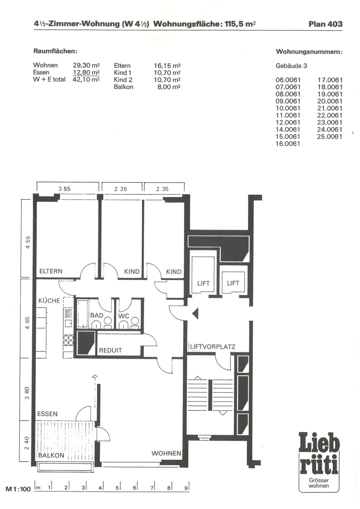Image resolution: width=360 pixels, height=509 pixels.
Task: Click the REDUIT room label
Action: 110,350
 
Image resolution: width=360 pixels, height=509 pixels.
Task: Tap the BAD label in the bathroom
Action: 97,315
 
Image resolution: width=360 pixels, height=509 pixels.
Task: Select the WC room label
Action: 124,316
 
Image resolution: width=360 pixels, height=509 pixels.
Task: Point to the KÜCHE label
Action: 49,301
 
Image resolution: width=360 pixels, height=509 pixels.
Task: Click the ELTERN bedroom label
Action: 51,271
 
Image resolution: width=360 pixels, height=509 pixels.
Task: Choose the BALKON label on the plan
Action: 51,455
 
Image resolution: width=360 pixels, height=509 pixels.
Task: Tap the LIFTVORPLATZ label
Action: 212,347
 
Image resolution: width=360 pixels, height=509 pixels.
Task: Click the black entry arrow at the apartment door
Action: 195,313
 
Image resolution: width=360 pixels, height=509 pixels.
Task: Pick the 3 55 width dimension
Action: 64,189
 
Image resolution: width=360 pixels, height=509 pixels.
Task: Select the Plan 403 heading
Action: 325,24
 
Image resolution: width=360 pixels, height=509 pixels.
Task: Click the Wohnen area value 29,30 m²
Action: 86,65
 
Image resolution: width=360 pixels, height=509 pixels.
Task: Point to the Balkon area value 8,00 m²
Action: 169,87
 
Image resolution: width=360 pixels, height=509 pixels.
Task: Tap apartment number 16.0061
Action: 288,143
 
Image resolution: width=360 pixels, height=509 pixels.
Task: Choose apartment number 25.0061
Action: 329,136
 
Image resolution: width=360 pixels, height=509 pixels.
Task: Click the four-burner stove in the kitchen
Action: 68,340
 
